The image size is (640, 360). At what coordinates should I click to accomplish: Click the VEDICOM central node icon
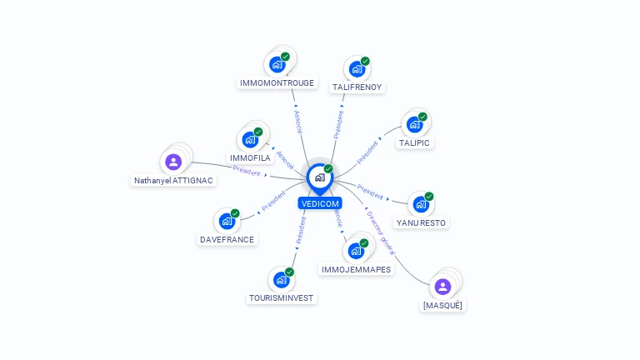319,177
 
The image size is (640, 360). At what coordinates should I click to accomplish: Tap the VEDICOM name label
320,203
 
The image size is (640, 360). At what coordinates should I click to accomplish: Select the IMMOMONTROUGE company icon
277,65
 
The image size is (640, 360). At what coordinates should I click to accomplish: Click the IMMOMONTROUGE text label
277,83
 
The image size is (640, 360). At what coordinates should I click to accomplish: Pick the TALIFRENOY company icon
357,69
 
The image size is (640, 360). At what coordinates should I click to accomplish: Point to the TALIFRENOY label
357,87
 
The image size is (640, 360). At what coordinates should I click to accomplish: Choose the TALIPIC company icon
414,125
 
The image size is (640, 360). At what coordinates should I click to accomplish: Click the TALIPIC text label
414,143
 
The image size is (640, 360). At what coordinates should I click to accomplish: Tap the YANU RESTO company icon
421,204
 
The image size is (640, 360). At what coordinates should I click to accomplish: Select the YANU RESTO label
421,222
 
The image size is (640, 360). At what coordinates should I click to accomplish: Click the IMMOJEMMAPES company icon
356,251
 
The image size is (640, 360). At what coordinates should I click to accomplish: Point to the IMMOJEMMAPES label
356,269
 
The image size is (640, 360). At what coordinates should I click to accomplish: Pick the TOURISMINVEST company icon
281,280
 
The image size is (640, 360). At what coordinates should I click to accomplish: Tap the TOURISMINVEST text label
282,297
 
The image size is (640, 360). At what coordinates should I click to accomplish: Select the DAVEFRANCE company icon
227,222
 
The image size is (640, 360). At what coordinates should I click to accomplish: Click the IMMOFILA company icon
250,140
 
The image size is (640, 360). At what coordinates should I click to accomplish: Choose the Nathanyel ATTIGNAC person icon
173,162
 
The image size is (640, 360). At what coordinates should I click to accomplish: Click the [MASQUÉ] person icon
442,287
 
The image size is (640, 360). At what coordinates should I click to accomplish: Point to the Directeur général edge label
381,232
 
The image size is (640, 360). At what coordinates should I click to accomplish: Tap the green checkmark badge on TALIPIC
422,117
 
